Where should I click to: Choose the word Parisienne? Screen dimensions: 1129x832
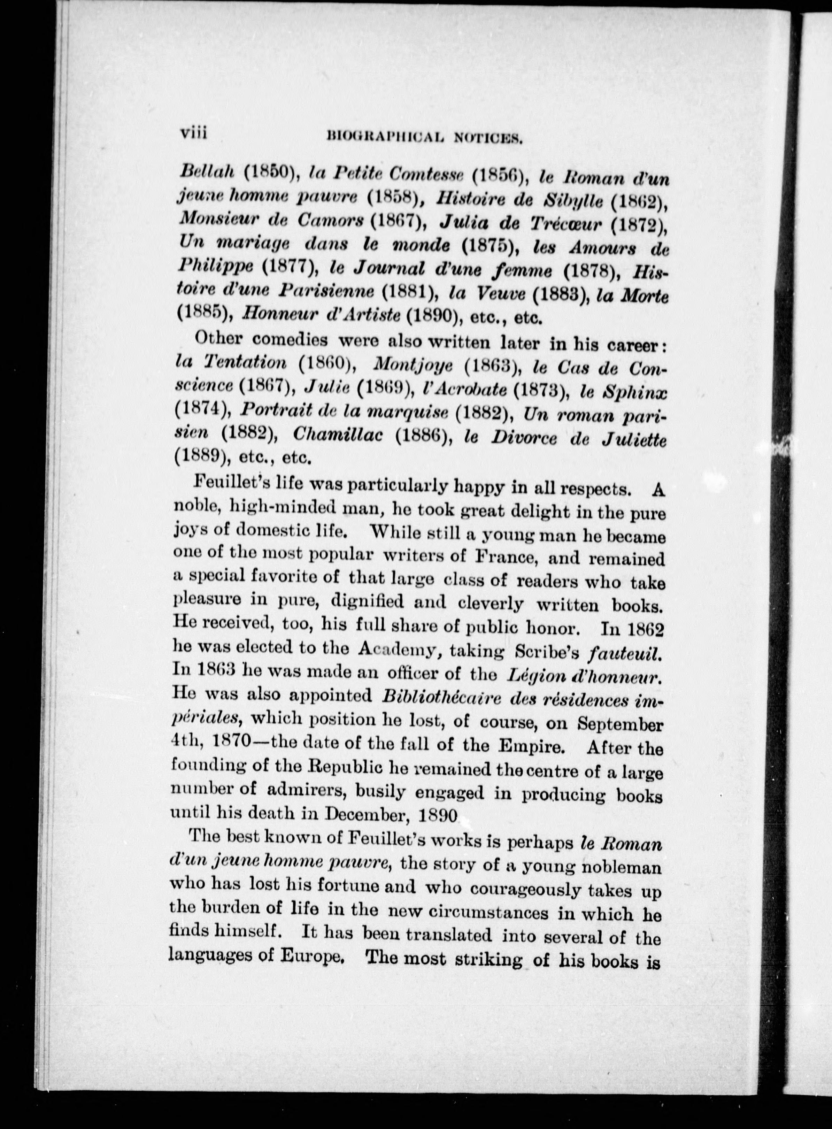coord(328,291)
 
